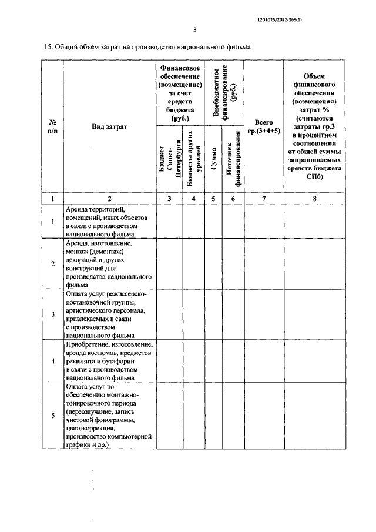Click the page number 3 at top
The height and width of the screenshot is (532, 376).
tap(194, 30)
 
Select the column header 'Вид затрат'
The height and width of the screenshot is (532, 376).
tap(109, 126)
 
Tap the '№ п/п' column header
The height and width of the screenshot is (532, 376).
tap(52, 126)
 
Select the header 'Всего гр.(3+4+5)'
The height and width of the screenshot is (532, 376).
tap(264, 126)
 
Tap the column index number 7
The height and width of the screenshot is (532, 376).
tap(264, 199)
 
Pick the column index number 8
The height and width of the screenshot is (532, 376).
tap(314, 199)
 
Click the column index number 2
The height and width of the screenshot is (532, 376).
tap(109, 199)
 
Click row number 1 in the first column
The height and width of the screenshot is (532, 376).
tap(52, 221)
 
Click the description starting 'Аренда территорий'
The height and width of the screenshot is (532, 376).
tap(102, 221)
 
